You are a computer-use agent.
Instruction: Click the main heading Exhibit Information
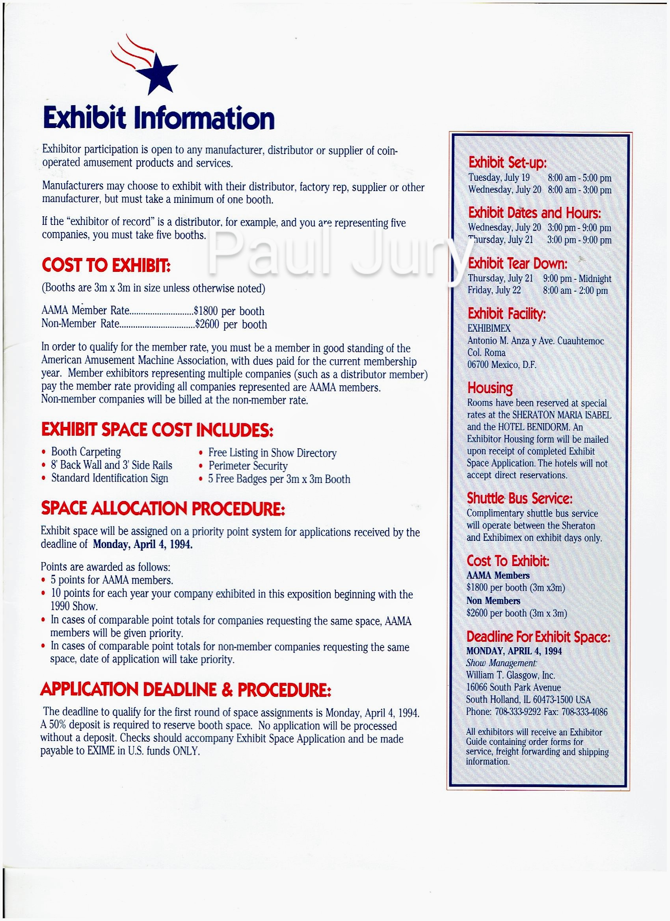click(158, 119)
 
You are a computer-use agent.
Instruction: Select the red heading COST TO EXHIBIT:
click(106, 266)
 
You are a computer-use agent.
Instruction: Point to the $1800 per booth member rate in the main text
click(229, 312)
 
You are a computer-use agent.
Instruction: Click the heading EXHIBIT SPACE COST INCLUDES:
click(157, 431)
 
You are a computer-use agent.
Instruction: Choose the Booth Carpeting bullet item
click(86, 452)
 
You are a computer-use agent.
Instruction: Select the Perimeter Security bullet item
click(248, 466)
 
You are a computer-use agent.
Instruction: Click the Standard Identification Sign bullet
click(109, 478)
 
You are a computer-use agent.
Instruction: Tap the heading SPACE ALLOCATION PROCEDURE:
click(162, 509)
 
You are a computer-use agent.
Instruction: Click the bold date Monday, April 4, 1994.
click(143, 544)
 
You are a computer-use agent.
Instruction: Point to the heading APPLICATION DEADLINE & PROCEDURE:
click(186, 689)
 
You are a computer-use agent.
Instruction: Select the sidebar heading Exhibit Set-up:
click(508, 163)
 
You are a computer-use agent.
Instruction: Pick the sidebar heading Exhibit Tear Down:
click(517, 264)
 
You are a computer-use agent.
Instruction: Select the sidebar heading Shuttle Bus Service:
click(520, 498)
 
